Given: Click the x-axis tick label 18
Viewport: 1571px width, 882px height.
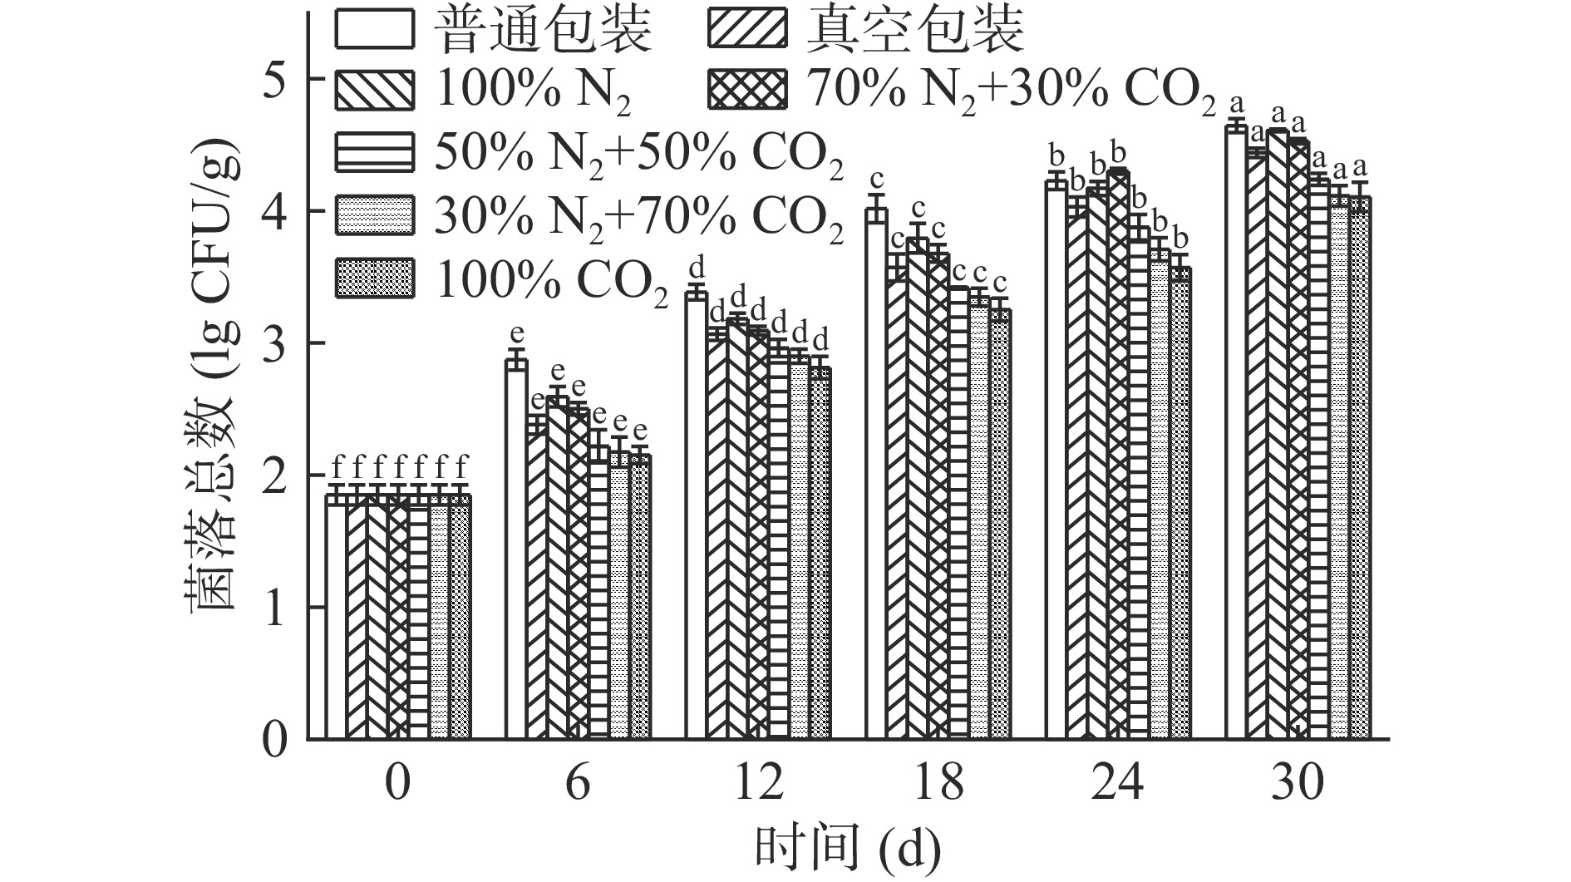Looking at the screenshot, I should click(x=939, y=782).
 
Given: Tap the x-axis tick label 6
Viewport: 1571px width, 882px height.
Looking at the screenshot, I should click(x=578, y=782).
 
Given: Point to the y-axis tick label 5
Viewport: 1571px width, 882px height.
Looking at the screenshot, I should click(x=275, y=79).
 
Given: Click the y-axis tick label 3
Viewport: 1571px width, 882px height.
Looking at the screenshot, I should click(x=275, y=343).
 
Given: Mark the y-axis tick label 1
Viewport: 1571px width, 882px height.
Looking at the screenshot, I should click(x=275, y=608).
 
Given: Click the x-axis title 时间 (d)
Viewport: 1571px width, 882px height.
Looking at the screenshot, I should click(x=848, y=849).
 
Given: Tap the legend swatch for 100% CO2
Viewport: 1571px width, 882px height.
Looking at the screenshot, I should click(x=374, y=278).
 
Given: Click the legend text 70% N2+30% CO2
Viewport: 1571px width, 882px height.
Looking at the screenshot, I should click(x=1006, y=91).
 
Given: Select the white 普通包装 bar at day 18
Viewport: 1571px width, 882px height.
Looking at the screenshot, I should click(x=877, y=474).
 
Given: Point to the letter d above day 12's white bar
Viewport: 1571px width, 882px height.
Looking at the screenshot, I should click(x=697, y=268).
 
